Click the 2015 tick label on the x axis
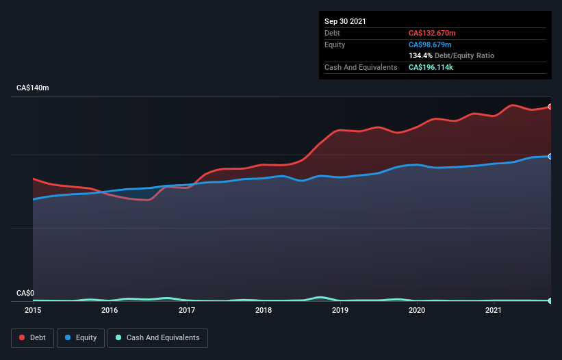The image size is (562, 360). (x=32, y=311)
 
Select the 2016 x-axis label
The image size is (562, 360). (x=110, y=311)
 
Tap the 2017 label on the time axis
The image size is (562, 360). (x=187, y=311)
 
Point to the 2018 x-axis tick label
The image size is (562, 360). (x=264, y=311)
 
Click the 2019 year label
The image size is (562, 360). (x=341, y=311)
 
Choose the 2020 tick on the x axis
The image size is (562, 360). (x=418, y=311)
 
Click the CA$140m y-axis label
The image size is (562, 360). (x=32, y=88)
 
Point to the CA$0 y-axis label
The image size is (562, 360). (x=25, y=293)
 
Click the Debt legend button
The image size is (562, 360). (x=33, y=337)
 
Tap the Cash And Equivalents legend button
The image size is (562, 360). (x=157, y=337)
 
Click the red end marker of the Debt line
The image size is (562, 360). (x=550, y=107)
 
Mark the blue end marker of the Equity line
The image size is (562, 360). (x=550, y=157)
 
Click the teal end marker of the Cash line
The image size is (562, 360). (x=550, y=300)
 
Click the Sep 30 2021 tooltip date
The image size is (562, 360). (x=345, y=21)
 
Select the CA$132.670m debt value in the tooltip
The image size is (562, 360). (x=433, y=33)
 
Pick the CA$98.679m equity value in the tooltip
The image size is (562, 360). (x=431, y=44)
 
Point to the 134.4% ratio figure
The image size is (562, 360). (x=420, y=55)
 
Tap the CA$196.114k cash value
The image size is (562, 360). (x=433, y=67)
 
